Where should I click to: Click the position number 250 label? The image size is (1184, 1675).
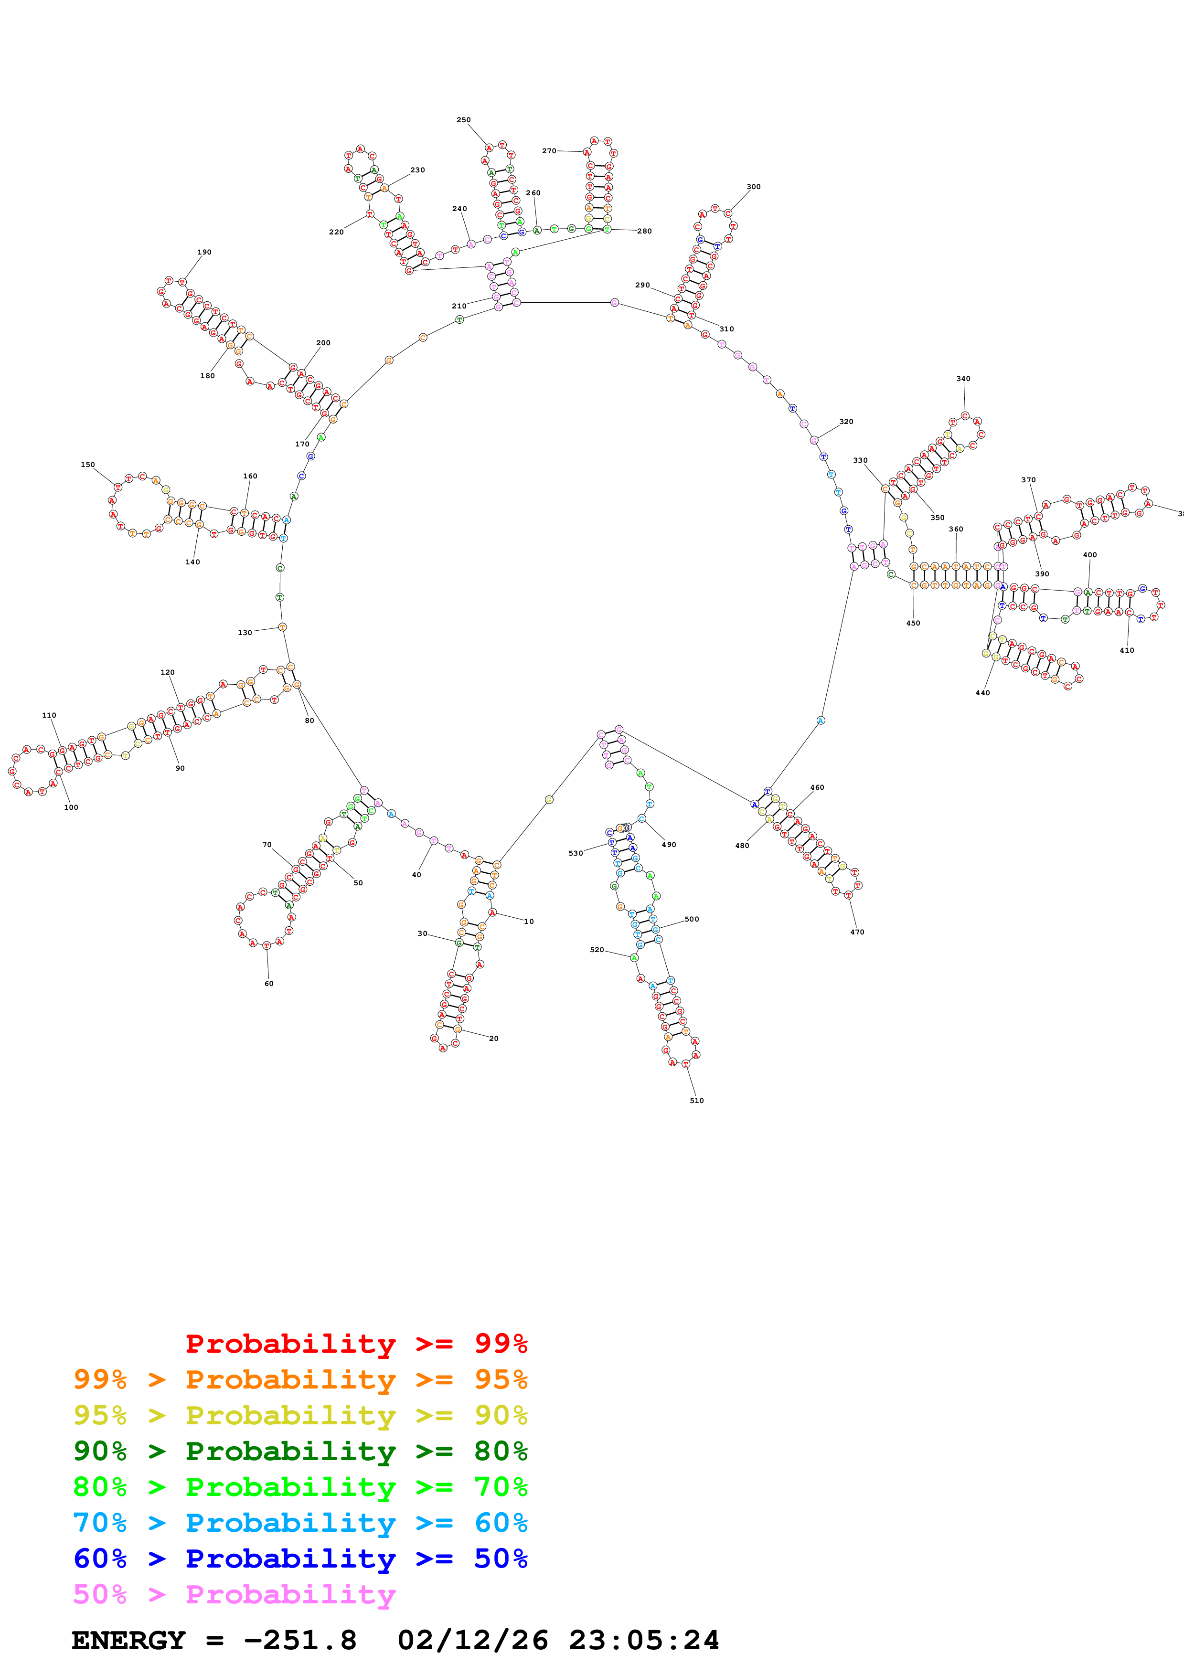[x=463, y=120]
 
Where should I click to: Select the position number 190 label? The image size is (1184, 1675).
[x=204, y=253]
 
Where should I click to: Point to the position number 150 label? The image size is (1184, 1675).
[x=87, y=465]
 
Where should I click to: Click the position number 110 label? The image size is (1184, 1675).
[x=49, y=716]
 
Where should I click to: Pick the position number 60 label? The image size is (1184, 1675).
[x=268, y=984]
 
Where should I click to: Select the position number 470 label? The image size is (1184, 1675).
[x=857, y=933]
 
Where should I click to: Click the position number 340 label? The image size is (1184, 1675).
[x=963, y=379]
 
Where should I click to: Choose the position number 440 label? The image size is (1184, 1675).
[x=982, y=693]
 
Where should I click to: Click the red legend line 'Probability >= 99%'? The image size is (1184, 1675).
[x=356, y=1344]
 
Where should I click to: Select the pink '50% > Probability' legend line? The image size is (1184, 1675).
[x=234, y=1595]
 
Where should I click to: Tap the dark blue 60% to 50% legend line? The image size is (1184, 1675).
[x=300, y=1559]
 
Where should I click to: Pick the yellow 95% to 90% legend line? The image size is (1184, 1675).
[x=300, y=1415]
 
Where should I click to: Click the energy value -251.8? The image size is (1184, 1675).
[x=300, y=1640]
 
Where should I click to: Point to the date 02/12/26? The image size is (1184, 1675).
[x=473, y=1640]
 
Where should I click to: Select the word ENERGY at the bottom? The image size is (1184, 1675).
[x=128, y=1640]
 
